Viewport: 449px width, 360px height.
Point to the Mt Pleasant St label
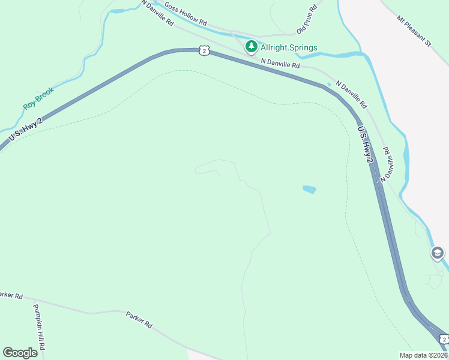pyautogui.click(x=414, y=31)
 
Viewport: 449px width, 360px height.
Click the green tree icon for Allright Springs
pyautogui.click(x=251, y=46)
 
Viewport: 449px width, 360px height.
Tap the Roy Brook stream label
pyautogui.click(x=38, y=98)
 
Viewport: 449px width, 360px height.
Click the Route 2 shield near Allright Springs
pyautogui.click(x=205, y=51)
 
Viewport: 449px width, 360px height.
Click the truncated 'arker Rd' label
pyautogui.click(x=11, y=295)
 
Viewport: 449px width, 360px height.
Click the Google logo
pyautogui.click(x=20, y=353)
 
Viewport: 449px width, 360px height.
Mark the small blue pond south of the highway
pyautogui.click(x=309, y=190)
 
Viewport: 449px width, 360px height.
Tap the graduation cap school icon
pyautogui.click(x=438, y=253)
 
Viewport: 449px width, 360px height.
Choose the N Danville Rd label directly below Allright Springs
pyautogui.click(x=280, y=62)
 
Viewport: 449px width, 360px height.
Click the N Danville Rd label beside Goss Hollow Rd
pyautogui.click(x=158, y=13)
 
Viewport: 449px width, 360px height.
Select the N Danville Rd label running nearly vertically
pyautogui.click(x=390, y=163)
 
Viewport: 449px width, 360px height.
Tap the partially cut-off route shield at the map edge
pyautogui.click(x=444, y=339)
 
